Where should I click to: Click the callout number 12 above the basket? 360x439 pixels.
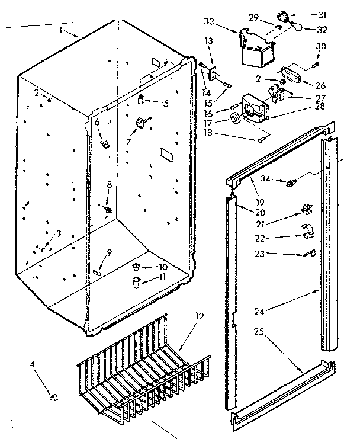click(199, 316)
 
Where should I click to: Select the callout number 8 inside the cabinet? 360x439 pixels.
click(108, 184)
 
